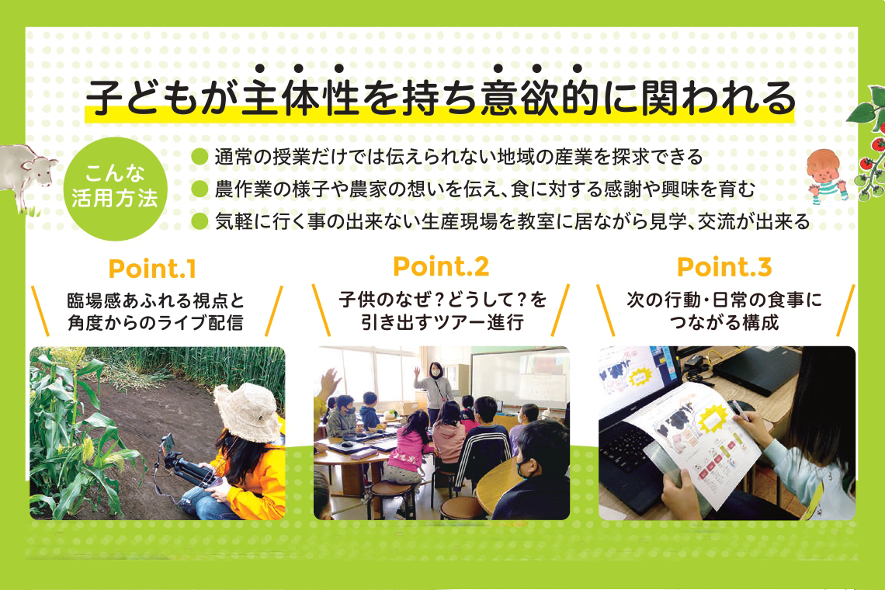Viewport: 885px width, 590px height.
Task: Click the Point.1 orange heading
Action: click(x=152, y=269)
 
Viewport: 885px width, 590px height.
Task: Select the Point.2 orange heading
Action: click(x=440, y=267)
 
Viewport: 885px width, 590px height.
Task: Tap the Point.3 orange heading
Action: click(x=724, y=268)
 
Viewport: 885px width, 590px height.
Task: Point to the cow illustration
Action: click(x=27, y=175)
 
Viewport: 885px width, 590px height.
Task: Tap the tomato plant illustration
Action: click(x=868, y=147)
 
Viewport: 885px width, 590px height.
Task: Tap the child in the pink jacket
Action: click(x=411, y=446)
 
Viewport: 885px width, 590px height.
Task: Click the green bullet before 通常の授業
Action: click(x=200, y=157)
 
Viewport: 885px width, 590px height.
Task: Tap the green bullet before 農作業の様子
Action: click(x=200, y=189)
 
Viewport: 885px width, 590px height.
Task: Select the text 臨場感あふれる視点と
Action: click(x=154, y=300)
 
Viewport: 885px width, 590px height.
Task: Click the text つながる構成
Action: click(x=724, y=321)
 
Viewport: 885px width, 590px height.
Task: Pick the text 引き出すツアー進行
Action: click(x=441, y=321)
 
